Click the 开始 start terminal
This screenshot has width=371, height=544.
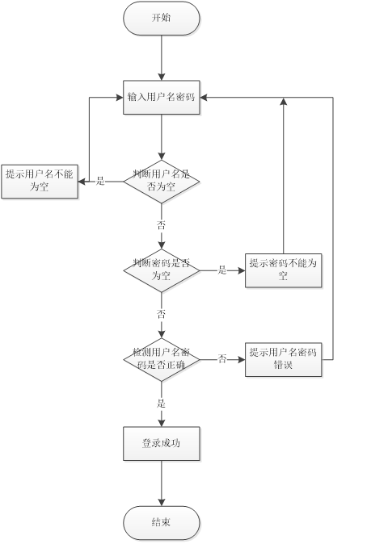click(x=162, y=18)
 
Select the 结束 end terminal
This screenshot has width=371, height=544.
click(x=162, y=523)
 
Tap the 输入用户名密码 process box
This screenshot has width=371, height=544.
click(x=162, y=98)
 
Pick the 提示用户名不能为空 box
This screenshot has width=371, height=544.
click(x=39, y=180)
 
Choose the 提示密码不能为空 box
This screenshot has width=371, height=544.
click(x=284, y=270)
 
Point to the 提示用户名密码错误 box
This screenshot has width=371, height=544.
click(x=284, y=359)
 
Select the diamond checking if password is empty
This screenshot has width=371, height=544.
click(x=162, y=270)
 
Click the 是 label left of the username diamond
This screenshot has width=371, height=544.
click(x=100, y=181)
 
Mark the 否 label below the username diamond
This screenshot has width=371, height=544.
click(x=162, y=224)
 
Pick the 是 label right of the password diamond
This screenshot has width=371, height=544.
click(x=222, y=270)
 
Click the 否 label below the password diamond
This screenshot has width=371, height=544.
click(x=162, y=314)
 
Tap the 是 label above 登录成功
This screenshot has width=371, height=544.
click(x=162, y=403)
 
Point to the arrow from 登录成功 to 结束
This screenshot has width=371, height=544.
click(x=162, y=484)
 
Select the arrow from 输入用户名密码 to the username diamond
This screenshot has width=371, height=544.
click(x=162, y=137)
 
